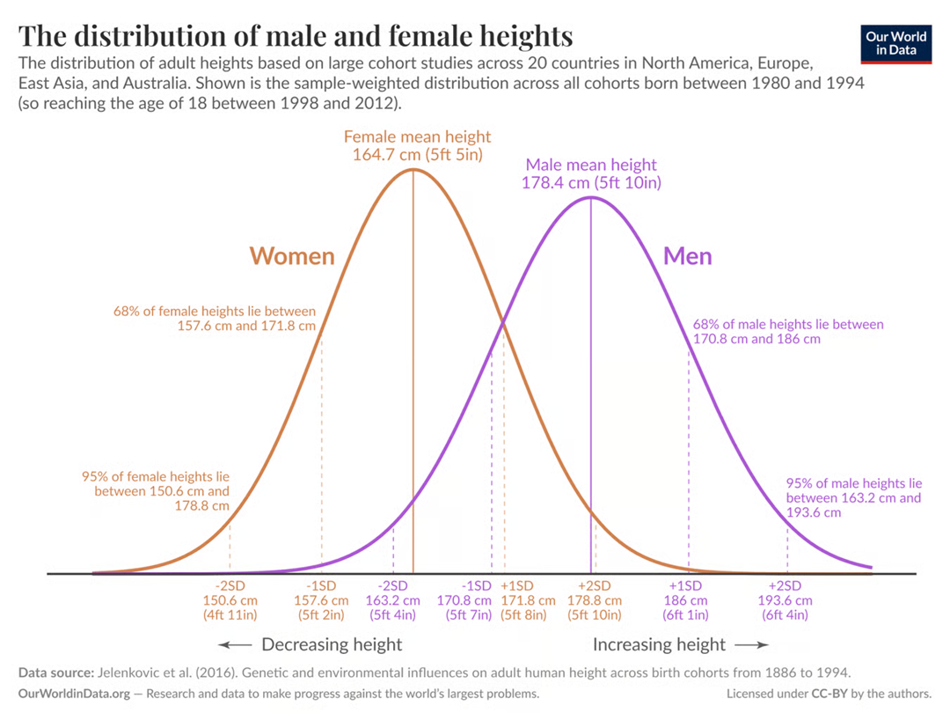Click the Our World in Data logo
point(895,43)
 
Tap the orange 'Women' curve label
point(292,256)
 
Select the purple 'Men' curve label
point(687,256)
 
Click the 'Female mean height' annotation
point(417,145)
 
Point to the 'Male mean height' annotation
point(591,173)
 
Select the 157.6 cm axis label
point(321,600)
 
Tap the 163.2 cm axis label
point(392,600)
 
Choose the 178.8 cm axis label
point(594,600)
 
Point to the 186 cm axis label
point(685,600)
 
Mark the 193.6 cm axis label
point(786,600)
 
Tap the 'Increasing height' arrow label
point(660,644)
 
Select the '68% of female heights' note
point(214,318)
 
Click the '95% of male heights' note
point(853,497)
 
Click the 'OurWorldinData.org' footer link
point(74,695)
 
